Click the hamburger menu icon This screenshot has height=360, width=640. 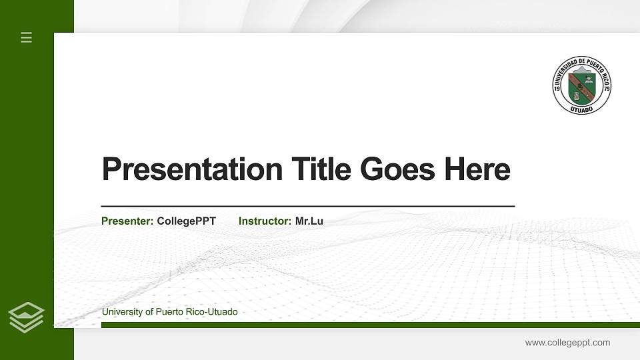[x=26, y=37]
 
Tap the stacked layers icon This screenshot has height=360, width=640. [x=26, y=317]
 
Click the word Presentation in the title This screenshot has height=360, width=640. [x=192, y=169]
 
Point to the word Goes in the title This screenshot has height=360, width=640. [x=397, y=169]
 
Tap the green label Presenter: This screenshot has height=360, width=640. [x=127, y=221]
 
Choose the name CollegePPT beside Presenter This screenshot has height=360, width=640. [x=186, y=221]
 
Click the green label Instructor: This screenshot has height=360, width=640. [x=265, y=221]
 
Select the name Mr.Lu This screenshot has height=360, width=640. [x=309, y=221]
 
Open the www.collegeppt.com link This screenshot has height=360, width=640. [x=567, y=343]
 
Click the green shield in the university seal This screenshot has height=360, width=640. [x=581, y=85]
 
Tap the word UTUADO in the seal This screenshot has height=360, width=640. [x=582, y=109]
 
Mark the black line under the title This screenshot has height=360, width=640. [x=307, y=207]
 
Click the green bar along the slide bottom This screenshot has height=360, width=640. [x=367, y=325]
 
